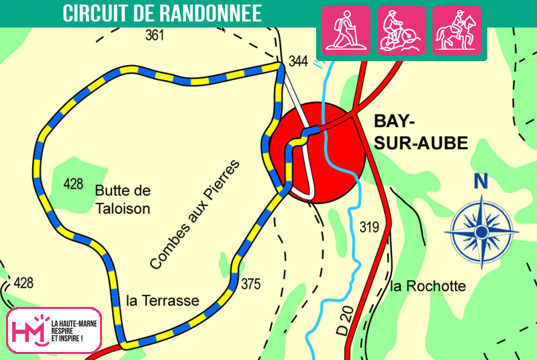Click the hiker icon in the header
347,31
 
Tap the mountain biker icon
401,31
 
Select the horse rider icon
456,31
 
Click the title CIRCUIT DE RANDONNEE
162,13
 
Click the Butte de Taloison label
122,199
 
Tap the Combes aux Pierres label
194,215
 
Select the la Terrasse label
163,300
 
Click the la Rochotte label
428,286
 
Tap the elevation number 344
298,62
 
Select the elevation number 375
250,284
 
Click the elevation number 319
370,226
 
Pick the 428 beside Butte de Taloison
73,183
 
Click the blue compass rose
481,232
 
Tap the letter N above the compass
480,181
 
